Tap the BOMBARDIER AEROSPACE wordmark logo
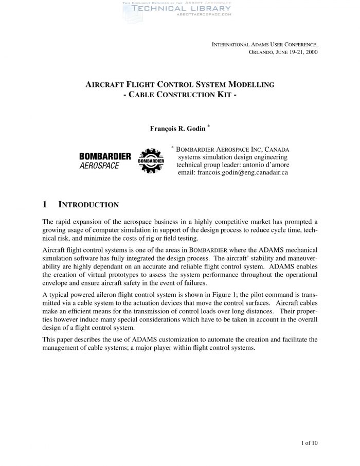105,160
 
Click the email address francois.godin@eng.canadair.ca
232,173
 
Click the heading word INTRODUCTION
89,205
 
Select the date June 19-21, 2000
296,52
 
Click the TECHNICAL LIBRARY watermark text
176,9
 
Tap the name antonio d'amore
264,165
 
